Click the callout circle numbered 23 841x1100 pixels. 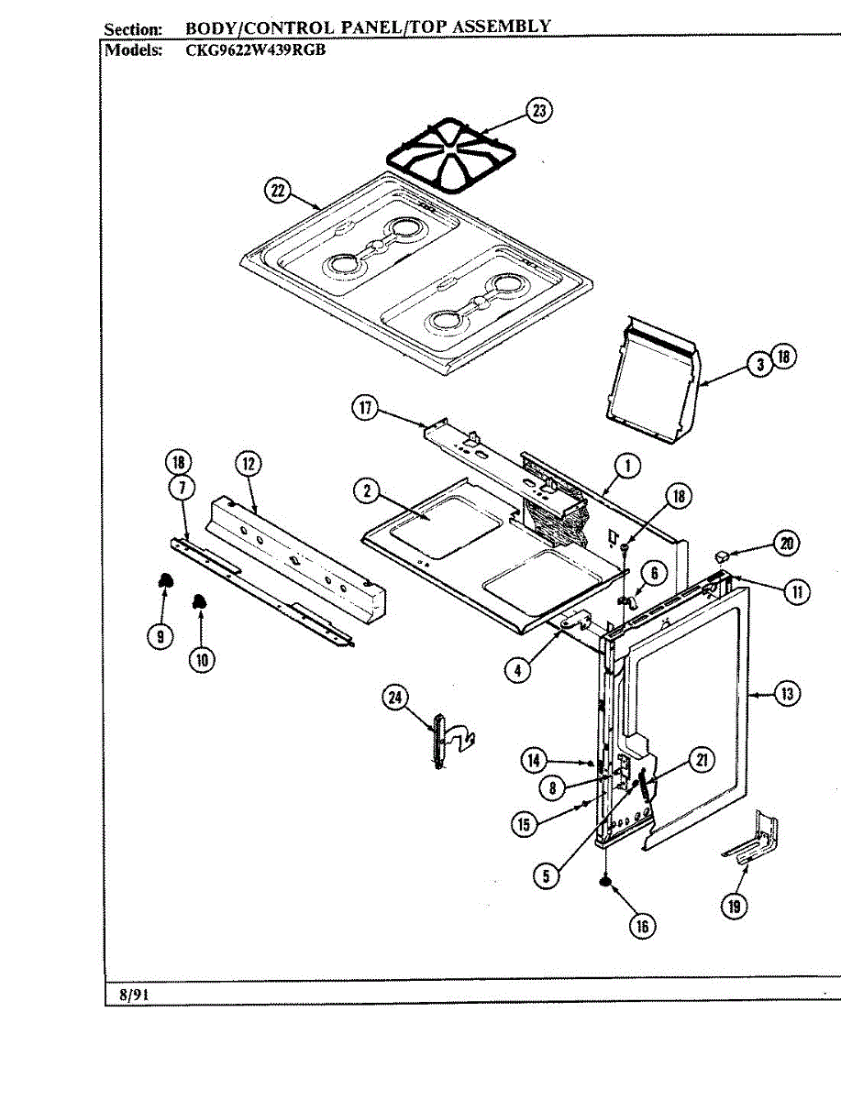tap(539, 112)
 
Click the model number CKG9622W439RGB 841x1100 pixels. tap(254, 50)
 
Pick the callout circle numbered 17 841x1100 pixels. tap(367, 409)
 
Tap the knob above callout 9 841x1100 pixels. tap(165, 579)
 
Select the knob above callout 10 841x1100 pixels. tap(198, 601)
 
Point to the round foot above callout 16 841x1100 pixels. tap(605, 882)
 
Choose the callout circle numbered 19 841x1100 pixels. tap(734, 906)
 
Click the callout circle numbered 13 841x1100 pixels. tap(786, 693)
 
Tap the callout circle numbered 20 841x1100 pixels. tap(785, 543)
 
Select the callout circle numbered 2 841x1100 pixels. tap(367, 490)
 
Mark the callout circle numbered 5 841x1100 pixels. tap(546, 875)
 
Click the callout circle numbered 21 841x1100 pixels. tap(702, 759)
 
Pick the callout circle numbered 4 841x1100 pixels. tap(518, 669)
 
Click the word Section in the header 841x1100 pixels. tap(133, 29)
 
